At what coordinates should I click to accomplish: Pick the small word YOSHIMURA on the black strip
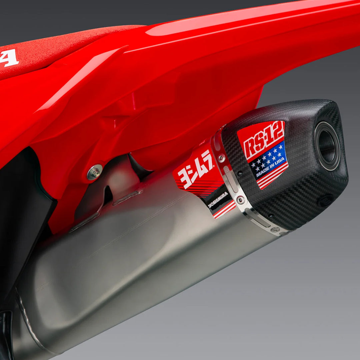218,199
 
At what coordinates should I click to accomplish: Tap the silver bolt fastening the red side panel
95,172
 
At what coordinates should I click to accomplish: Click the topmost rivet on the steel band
221,158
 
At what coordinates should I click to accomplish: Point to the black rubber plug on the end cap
325,201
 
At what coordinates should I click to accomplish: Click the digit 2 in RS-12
279,133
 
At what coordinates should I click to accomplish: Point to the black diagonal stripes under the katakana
200,188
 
